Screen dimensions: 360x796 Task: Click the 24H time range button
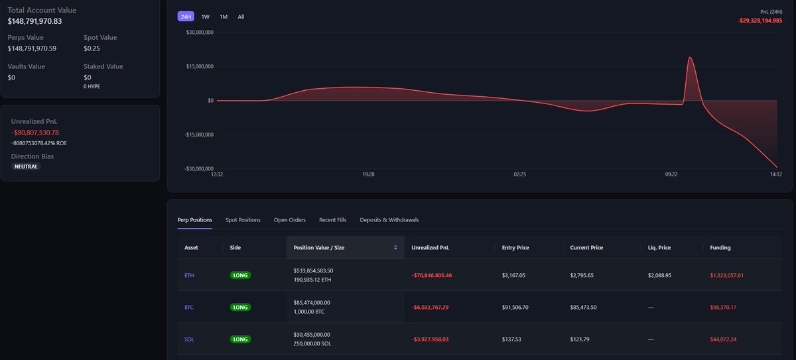pyautogui.click(x=186, y=17)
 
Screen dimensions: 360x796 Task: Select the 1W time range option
pyautogui.click(x=206, y=17)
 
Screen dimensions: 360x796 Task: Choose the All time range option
pyautogui.click(x=241, y=17)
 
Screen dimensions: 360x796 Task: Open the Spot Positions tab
pyautogui.click(x=243, y=219)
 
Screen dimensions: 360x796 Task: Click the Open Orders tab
pyautogui.click(x=290, y=219)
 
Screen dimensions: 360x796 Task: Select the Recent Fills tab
pyautogui.click(x=332, y=219)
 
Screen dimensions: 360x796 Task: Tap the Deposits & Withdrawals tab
pyautogui.click(x=389, y=219)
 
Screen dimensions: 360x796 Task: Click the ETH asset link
pyautogui.click(x=190, y=274)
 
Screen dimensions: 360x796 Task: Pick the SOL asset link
pyautogui.click(x=190, y=339)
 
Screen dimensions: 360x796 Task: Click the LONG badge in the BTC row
pyautogui.click(x=240, y=307)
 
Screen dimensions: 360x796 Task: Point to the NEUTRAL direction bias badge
pyautogui.click(x=26, y=166)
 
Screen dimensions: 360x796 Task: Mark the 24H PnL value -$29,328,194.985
pyautogui.click(x=760, y=21)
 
